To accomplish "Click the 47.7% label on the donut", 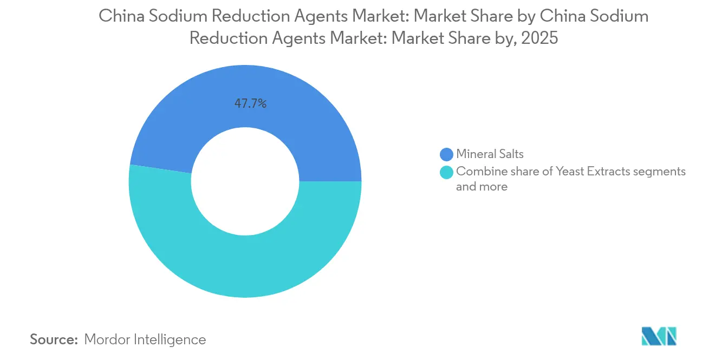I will [250, 104].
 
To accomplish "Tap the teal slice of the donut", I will [245, 265].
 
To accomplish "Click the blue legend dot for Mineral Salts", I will [447, 154].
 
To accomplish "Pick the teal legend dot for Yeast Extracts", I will [447, 172].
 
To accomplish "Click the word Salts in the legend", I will [510, 154].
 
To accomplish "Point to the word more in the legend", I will [494, 187].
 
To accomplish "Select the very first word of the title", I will [119, 16].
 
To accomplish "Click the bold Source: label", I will [54, 339].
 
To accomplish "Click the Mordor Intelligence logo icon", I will [659, 336].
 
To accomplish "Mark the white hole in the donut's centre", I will [245, 182].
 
